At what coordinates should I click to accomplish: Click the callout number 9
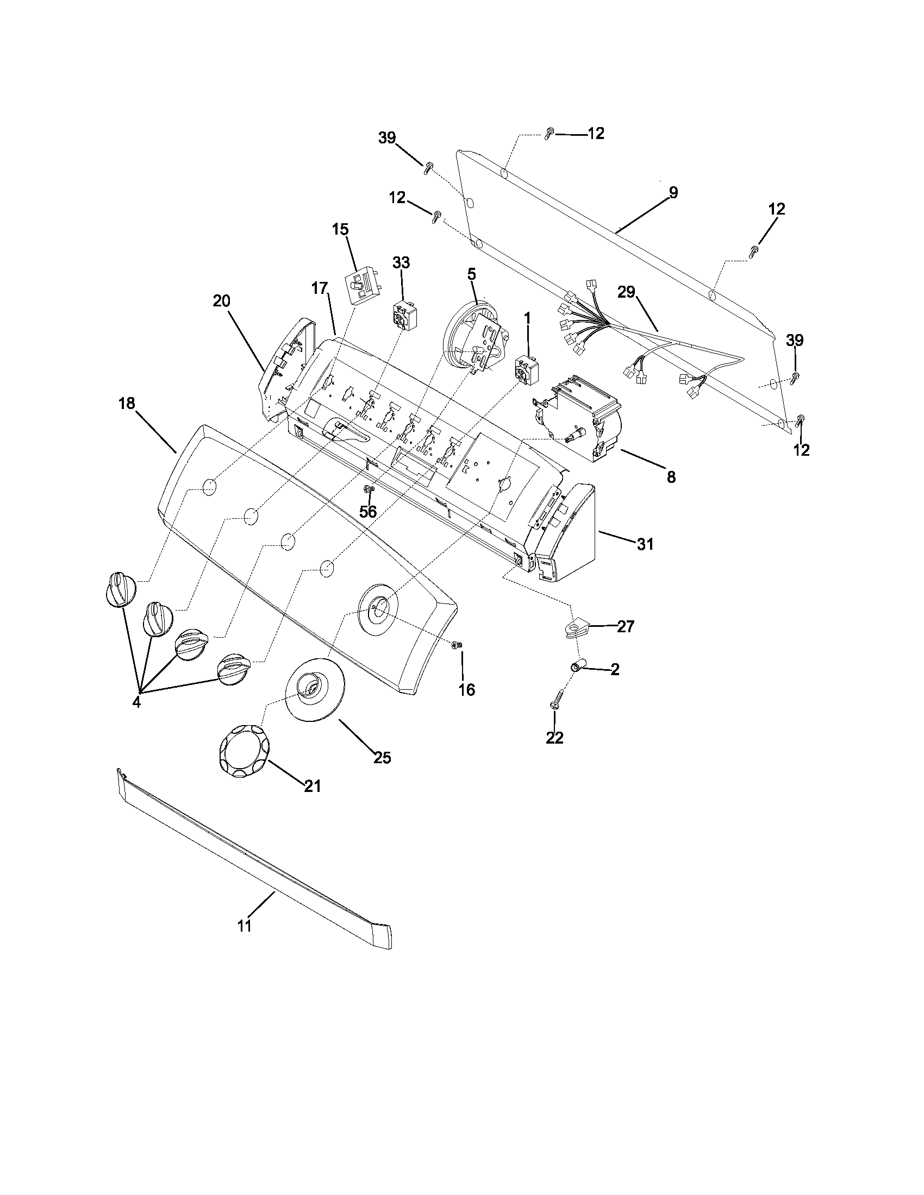pyautogui.click(x=673, y=193)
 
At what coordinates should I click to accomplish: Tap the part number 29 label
pyautogui.click(x=626, y=292)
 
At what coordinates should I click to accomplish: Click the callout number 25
pyautogui.click(x=382, y=758)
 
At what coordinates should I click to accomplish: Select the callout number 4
pyautogui.click(x=136, y=702)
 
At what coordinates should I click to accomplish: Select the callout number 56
pyautogui.click(x=368, y=512)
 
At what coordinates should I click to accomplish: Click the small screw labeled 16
pyautogui.click(x=457, y=646)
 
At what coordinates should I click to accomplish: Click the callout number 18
pyautogui.click(x=127, y=404)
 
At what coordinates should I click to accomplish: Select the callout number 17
pyautogui.click(x=320, y=288)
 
